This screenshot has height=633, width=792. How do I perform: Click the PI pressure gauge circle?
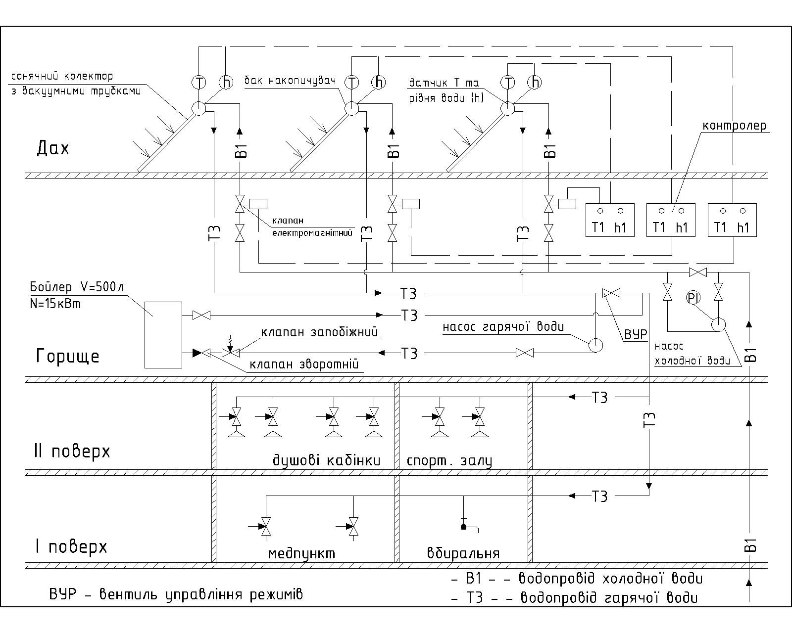tap(693, 298)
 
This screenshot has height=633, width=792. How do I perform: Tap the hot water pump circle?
tap(595, 345)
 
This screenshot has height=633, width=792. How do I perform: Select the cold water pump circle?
tap(718, 324)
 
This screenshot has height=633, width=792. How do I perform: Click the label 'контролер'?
tap(734, 126)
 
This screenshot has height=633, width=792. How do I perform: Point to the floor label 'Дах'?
tap(53, 148)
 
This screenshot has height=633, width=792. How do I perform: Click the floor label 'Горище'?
tap(68, 356)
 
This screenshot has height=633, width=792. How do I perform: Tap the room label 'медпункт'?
tap(301, 554)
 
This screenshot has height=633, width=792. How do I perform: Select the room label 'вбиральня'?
tap(463, 553)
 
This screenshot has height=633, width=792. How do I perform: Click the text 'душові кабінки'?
tap(326, 460)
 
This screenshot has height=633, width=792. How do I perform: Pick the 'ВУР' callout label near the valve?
tap(636, 334)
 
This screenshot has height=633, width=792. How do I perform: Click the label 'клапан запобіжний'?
tap(319, 332)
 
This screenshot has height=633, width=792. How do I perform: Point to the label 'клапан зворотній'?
tap(304, 364)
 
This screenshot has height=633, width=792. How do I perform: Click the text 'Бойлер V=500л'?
tap(77, 287)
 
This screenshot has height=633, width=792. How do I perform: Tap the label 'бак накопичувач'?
tap(291, 81)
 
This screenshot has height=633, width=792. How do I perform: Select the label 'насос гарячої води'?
tap(503, 326)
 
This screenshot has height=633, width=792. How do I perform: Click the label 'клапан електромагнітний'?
tap(312, 226)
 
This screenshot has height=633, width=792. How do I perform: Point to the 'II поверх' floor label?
tap(72, 452)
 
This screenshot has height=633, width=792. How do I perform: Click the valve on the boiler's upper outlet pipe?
tap(201, 315)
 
